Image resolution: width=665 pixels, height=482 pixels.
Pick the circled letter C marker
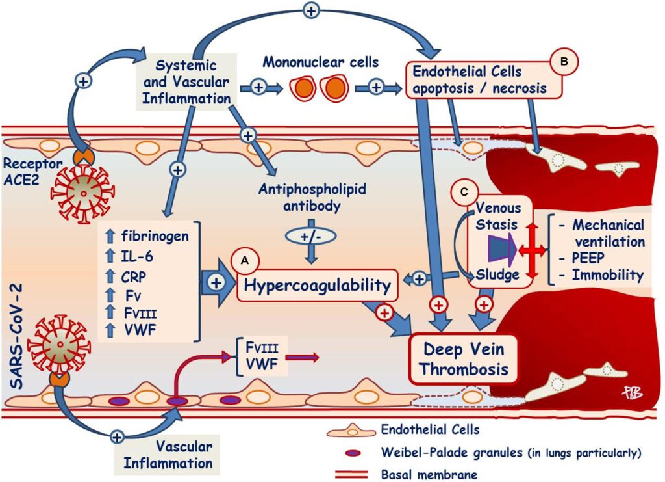click(463, 192)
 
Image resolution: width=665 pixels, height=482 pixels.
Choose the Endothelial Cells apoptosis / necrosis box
click(478, 79)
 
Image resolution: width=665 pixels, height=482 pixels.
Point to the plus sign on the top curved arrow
click(312, 10)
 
